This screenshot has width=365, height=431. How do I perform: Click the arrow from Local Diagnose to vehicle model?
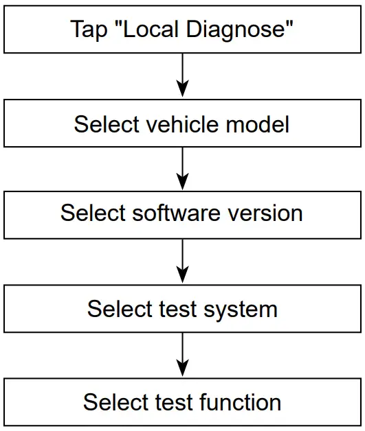pyautogui.click(x=182, y=75)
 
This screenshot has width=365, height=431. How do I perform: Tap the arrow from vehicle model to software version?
pyautogui.click(x=182, y=168)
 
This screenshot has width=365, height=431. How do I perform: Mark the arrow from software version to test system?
pyautogui.click(x=182, y=261)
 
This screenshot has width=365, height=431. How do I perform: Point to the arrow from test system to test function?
pyautogui.click(x=182, y=354)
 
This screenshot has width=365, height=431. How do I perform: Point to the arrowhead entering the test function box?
pyautogui.click(x=182, y=369)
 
